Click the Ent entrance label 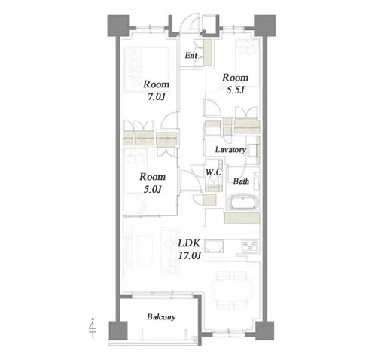pos(191,55)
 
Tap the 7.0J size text pos(156,96)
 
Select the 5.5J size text pos(235,90)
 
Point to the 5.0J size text pos(152,189)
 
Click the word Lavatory pos(230,150)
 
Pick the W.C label pos(214,172)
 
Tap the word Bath pos(241,181)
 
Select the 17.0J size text pos(190,255)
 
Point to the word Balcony pos(161,317)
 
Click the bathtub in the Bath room pos(242,202)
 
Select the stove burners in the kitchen pos(249,246)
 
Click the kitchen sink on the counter pos(214,246)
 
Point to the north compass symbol pos(93,328)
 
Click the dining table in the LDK pos(232,289)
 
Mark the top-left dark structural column pos(118,26)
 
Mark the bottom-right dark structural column pos(265,331)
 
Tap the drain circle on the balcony pos(195,339)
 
